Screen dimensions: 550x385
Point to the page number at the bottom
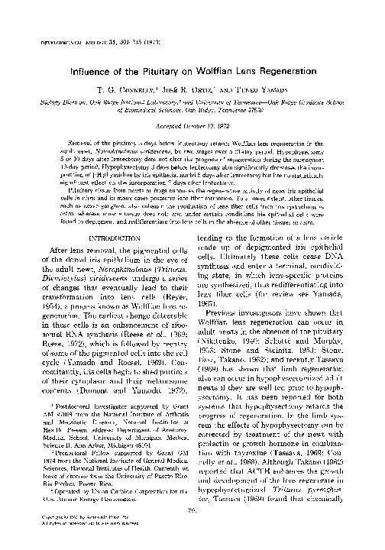pyautogui.click(x=192, y=529)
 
